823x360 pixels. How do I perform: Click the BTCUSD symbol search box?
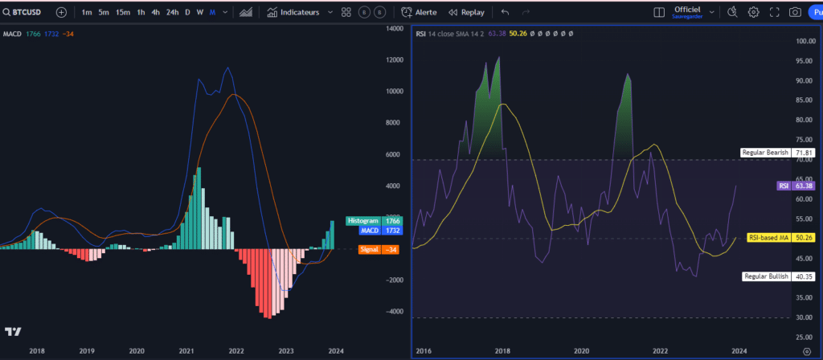pyautogui.click(x=24, y=13)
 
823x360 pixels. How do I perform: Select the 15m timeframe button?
pyautogui.click(x=122, y=13)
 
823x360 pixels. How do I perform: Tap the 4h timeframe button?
pyautogui.click(x=156, y=13)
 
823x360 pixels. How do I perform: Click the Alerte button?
pyautogui.click(x=420, y=13)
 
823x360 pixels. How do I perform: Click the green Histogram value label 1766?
pyautogui.click(x=374, y=220)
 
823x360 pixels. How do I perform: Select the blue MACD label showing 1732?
pyautogui.click(x=374, y=230)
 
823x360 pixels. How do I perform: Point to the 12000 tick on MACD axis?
pyautogui.click(x=394, y=59)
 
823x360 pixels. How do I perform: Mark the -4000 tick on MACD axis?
pyautogui.click(x=394, y=312)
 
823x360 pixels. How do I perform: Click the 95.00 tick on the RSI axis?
pyautogui.click(x=805, y=61)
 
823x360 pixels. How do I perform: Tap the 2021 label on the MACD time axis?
pyautogui.click(x=186, y=351)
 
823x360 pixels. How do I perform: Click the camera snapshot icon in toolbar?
pyautogui.click(x=794, y=13)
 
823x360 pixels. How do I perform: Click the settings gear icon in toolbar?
pyautogui.click(x=754, y=13)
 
